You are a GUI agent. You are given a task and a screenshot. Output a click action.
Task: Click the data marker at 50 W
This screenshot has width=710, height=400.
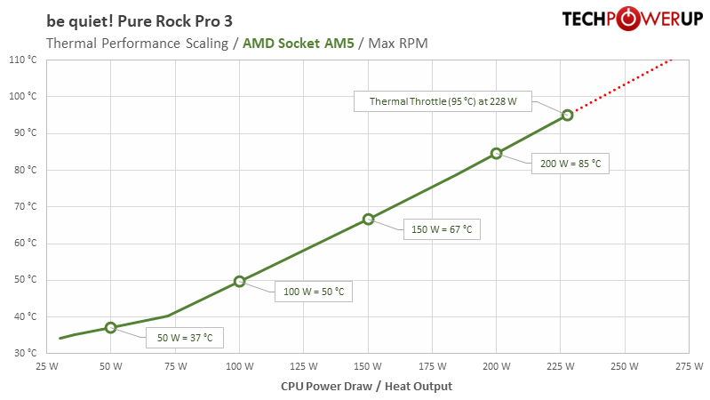coord(110,328)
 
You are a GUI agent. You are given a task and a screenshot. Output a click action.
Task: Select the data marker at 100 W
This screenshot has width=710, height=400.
coord(239,282)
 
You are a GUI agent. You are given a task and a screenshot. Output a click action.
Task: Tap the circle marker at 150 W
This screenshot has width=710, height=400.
coord(368,219)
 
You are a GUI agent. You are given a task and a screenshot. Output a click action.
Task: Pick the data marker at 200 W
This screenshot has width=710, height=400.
coord(497,153)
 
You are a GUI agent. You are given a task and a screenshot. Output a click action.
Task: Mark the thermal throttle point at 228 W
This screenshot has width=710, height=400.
coord(568,115)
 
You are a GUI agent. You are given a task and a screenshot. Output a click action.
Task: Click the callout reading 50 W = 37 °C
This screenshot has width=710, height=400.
coord(184,338)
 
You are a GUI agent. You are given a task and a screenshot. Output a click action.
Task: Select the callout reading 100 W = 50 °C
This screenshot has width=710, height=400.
coord(313,291)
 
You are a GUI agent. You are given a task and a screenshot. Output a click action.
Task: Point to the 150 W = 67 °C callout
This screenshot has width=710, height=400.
coord(441,228)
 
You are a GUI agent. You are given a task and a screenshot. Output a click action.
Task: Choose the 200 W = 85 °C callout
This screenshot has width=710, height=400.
coord(570,163)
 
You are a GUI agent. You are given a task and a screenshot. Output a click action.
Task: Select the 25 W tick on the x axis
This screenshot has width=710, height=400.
coord(47,366)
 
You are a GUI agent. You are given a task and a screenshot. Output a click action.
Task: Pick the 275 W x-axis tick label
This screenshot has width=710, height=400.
coord(690,366)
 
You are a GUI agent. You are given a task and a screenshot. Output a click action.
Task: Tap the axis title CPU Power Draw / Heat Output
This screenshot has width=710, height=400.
coord(366,386)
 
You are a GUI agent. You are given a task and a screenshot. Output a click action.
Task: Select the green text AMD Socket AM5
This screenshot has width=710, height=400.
coord(298,42)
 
